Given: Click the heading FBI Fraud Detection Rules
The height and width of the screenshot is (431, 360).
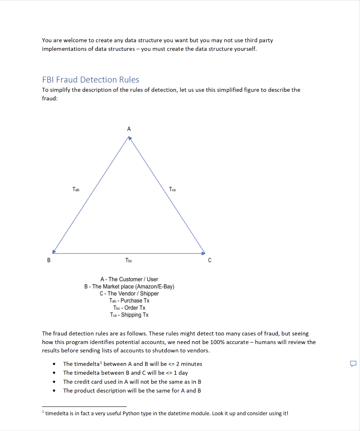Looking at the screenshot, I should coord(90,80).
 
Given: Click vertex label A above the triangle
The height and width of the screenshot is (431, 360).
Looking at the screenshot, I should coord(129,129).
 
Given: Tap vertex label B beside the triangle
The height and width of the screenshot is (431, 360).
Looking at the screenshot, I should coord(49,260).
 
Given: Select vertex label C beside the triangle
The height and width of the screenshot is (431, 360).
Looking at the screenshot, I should coord(209,260).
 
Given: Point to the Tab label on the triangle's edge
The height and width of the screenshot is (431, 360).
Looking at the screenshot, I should coord(76,189).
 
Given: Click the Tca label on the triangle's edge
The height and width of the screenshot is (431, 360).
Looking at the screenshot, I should coord(172,189).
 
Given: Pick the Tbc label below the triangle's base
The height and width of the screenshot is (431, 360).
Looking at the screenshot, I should coord(129,260).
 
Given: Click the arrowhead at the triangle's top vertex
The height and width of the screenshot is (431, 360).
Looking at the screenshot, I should coord(130,138).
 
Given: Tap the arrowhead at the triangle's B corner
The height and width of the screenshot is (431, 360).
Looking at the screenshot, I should coord(54,252).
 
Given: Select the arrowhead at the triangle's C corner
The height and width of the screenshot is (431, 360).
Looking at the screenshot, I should coord(203,253).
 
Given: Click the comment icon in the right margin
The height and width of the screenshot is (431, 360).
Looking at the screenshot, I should coord(353,364).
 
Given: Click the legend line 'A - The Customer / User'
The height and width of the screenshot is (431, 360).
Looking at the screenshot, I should coord(129,279).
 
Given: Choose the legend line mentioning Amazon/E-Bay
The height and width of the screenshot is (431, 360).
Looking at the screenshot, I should coord(129,287).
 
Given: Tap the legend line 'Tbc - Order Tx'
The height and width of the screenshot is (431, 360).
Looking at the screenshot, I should coord(129,308).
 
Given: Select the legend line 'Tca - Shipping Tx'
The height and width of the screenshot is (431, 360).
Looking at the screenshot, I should coord(129,315).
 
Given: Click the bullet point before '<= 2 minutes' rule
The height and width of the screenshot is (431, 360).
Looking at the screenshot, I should coord(54,364).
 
